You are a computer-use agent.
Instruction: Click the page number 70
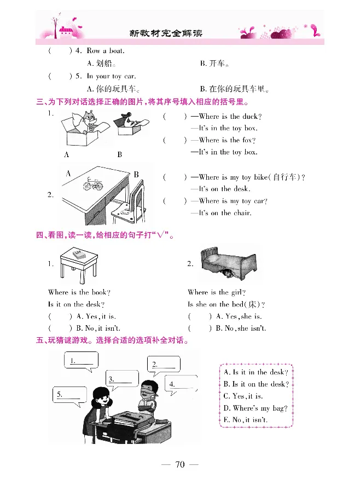[180, 465]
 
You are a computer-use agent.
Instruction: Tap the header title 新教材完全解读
[166, 33]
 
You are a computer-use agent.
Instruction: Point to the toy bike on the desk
[93, 185]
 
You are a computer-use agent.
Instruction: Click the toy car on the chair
[125, 207]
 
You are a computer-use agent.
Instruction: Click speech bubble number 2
[164, 365]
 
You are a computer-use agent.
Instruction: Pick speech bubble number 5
[68, 394]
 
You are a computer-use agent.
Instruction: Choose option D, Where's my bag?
[256, 408]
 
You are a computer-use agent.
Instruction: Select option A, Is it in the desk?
[256, 372]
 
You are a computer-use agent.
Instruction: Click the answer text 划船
[103, 64]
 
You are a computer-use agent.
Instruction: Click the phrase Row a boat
[106, 51]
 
